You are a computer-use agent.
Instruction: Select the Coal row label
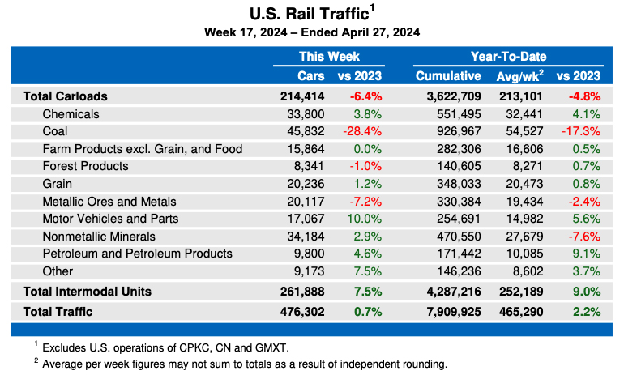[x=56, y=130]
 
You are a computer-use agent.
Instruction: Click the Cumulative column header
[x=448, y=76]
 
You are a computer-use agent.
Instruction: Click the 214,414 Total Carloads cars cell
[x=302, y=96]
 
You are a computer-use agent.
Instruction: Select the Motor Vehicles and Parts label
[x=110, y=219]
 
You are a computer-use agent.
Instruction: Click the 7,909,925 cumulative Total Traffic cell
[x=449, y=311]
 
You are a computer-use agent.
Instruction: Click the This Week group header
[x=329, y=57]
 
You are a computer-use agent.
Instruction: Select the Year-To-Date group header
[x=508, y=57]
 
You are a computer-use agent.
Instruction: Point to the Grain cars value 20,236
[x=305, y=183]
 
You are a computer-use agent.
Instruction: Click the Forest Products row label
[x=85, y=166]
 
